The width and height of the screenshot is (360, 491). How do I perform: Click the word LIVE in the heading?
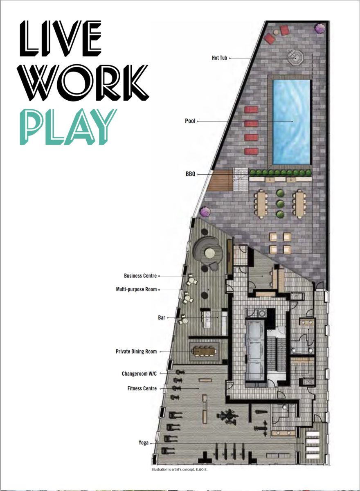[61, 38]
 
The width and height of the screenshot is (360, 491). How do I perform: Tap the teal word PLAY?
[68, 127]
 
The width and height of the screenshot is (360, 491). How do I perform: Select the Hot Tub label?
[219, 58]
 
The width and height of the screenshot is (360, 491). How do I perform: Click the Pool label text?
[190, 121]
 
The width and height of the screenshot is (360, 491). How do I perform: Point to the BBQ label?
[190, 174]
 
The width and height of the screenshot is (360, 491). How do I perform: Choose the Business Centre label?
[140, 276]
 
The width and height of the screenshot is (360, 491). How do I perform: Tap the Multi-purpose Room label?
[136, 289]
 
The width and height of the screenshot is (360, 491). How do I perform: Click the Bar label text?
[162, 318]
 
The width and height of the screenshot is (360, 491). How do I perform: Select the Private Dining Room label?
[136, 351]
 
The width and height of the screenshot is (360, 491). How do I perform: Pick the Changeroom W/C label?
[139, 374]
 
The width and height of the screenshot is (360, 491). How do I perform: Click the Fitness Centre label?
[142, 388]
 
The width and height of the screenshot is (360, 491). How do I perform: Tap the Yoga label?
[144, 443]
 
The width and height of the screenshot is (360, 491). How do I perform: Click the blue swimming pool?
[291, 122]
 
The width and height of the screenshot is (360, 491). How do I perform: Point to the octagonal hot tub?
[295, 58]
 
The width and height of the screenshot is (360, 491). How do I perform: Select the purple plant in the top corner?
[319, 28]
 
